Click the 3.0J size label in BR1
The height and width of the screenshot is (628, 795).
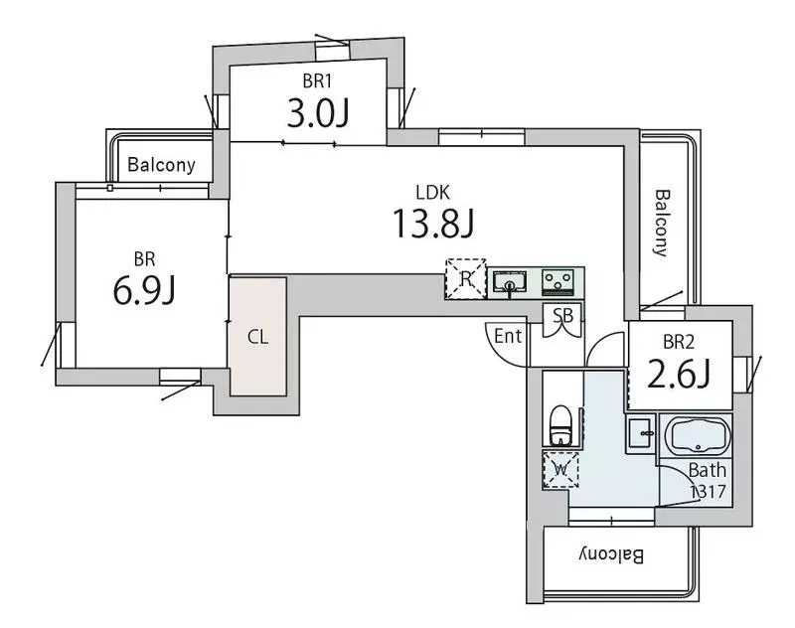(318, 113)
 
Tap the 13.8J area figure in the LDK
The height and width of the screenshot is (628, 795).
(433, 224)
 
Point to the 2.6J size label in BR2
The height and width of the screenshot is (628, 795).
(679, 374)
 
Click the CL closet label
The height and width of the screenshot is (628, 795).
(257, 337)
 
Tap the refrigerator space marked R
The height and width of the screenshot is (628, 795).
(466, 279)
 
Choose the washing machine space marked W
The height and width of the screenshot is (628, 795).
(560, 470)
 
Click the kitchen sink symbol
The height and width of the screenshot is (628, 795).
(510, 283)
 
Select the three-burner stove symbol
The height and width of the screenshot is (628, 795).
(557, 282)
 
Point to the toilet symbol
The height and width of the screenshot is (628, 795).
(560, 424)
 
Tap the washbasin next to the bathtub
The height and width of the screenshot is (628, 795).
(641, 434)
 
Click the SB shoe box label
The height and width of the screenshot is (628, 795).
(562, 316)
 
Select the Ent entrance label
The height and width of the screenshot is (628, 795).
(508, 336)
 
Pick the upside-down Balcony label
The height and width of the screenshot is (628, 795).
(611, 555)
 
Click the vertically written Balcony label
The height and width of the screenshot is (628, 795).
(662, 223)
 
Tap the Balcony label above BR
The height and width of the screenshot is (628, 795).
(161, 165)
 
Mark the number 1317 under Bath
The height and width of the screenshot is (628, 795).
(709, 491)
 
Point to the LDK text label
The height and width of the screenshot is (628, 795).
(433, 193)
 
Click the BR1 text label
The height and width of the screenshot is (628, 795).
(317, 80)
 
